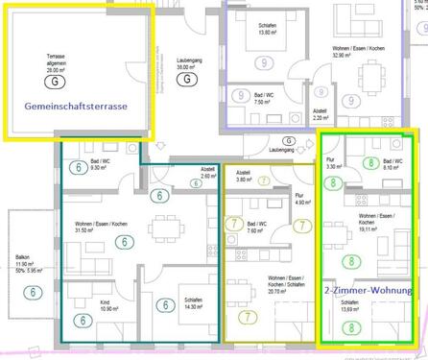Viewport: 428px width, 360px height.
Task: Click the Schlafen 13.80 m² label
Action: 265,30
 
